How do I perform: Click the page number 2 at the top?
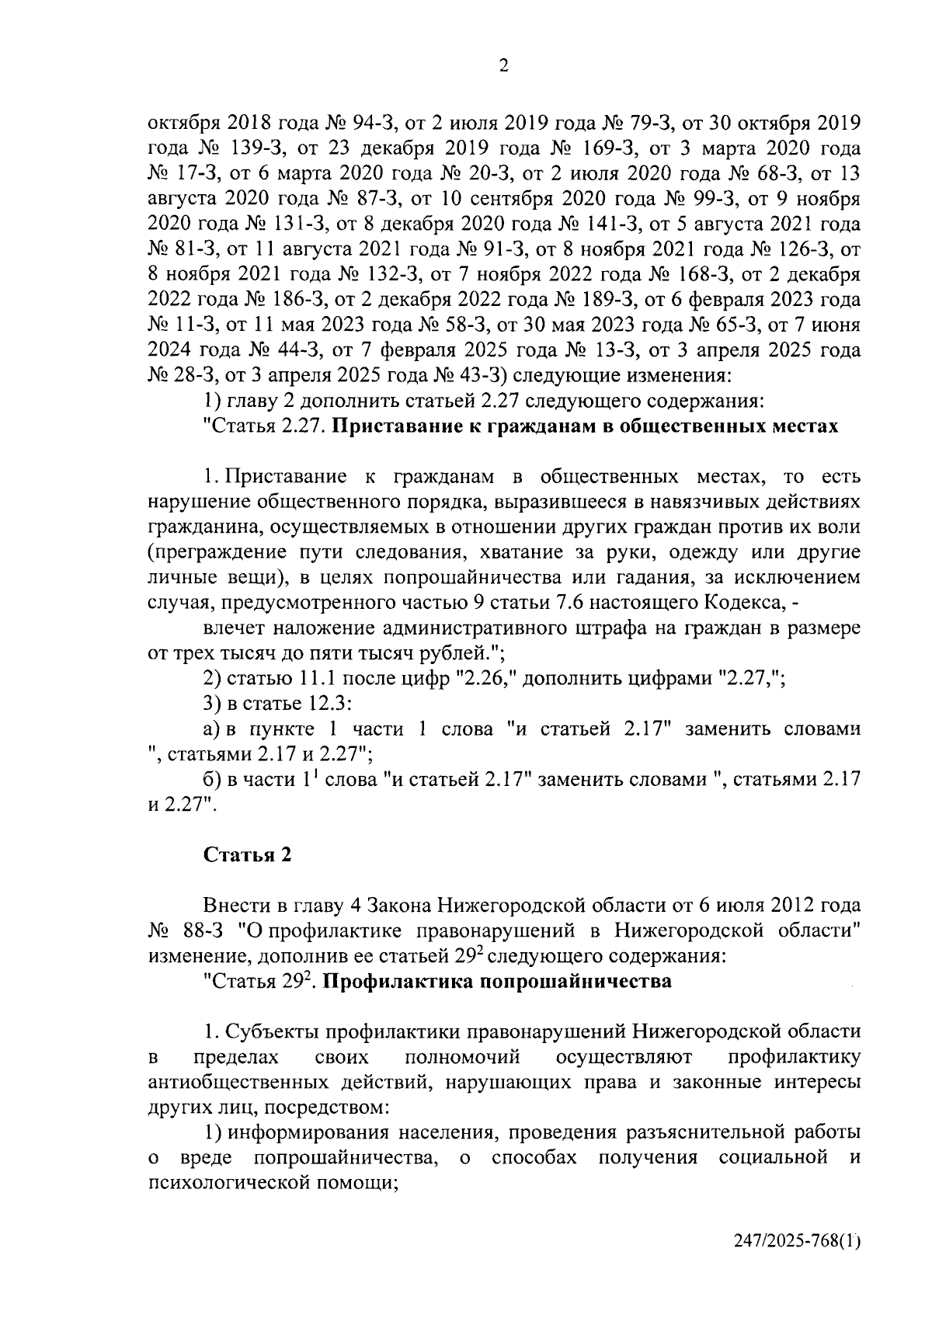click(503, 67)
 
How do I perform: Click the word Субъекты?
click(273, 1032)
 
